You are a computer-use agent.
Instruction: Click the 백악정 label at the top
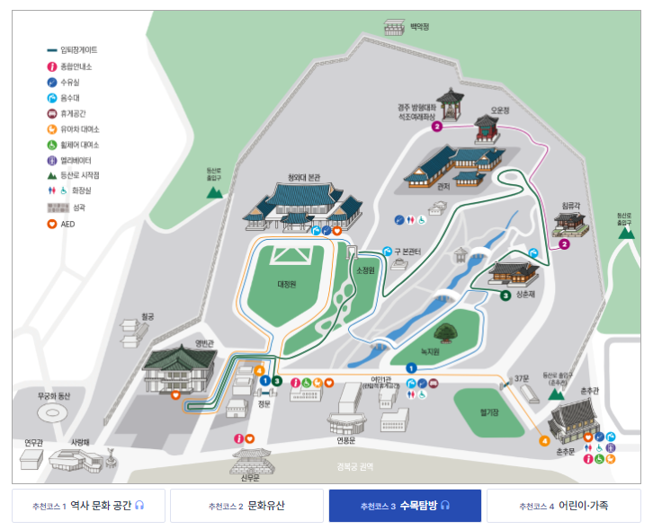tap(419, 27)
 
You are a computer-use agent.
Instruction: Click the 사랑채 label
tap(81, 443)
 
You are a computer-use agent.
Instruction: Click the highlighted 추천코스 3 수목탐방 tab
tap(405, 506)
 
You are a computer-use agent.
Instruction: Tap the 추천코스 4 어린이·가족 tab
tap(563, 506)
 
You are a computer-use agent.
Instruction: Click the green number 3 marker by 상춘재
tap(505, 295)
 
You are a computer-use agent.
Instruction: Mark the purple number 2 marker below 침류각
tap(565, 243)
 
